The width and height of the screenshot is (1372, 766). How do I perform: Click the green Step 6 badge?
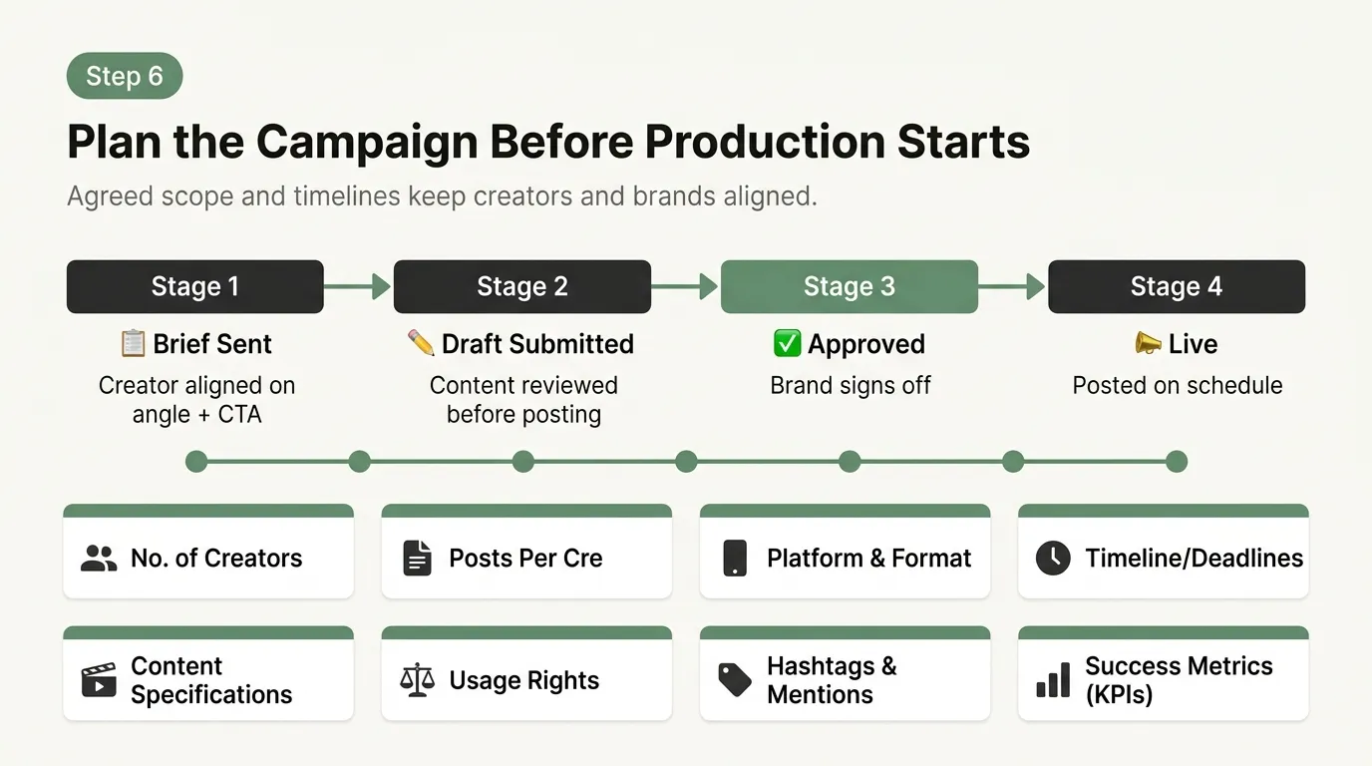[125, 77]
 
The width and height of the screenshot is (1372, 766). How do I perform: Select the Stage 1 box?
[195, 287]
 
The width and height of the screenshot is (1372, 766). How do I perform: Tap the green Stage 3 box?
[849, 287]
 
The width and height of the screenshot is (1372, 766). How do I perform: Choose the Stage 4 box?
[1176, 287]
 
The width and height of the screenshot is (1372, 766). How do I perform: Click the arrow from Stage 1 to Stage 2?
[358, 287]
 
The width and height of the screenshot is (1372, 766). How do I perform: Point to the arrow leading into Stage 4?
[1012, 287]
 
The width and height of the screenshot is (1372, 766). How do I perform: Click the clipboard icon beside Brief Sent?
[133, 344]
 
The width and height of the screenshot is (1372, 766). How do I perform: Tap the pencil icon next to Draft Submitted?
[421, 343]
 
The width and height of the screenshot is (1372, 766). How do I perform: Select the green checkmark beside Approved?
[787, 344]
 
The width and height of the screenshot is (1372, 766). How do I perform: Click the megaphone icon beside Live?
[1149, 344]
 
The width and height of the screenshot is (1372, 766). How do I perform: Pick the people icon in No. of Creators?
[99, 559]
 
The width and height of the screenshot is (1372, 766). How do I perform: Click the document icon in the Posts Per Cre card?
[417, 559]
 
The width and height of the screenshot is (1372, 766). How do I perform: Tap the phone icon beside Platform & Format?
[735, 559]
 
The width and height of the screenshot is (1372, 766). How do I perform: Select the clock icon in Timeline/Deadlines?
[1053, 559]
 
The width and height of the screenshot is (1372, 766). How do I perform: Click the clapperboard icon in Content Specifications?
[99, 681]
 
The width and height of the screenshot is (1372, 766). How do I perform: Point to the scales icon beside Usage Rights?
[417, 681]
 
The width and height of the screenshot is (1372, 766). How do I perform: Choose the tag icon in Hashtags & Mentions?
[735, 681]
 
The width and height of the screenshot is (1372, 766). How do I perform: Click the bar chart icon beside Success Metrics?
[1053, 681]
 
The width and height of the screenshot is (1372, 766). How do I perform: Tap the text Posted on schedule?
[1177, 386]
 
